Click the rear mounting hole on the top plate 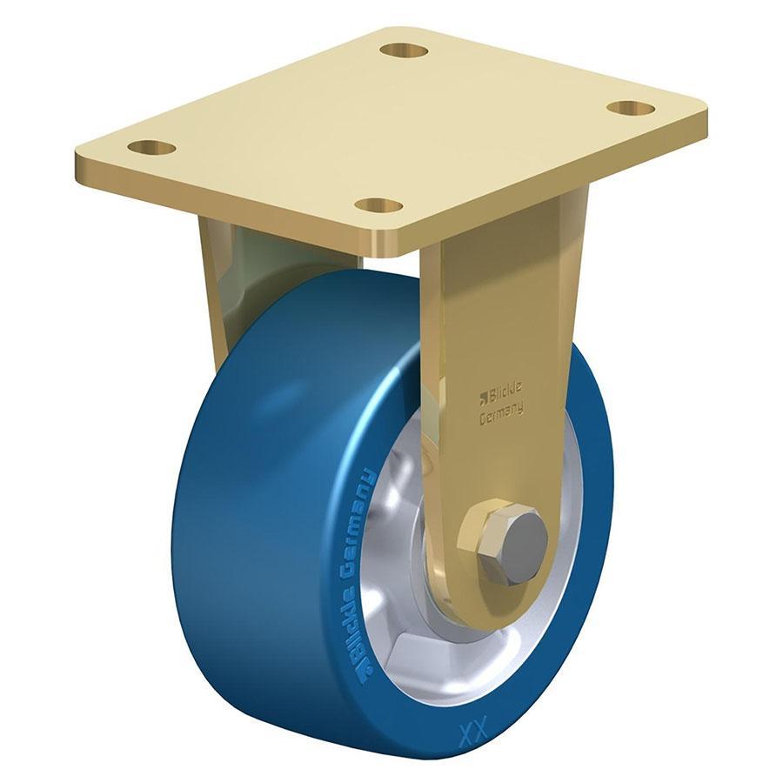pos(404,50)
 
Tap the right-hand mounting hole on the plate pos(630,109)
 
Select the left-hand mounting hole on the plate pos(151,148)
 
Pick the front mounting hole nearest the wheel pos(379,205)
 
